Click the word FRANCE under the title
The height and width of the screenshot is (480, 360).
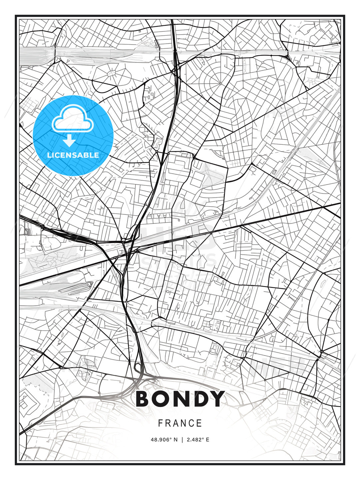[180, 423]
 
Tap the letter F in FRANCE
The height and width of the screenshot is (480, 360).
[160, 423]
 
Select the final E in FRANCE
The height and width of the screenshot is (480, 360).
[199, 423]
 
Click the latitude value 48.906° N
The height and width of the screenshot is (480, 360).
[164, 440]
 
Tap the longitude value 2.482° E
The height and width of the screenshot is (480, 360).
[197, 440]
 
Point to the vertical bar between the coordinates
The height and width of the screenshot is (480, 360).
[182, 440]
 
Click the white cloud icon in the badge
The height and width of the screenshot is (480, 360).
[72, 119]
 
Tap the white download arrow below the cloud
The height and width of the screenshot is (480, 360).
[69, 141]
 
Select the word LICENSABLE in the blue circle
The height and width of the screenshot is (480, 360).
[73, 155]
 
